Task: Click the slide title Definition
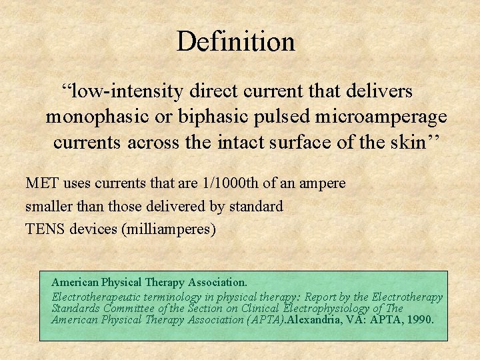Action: click(235, 41)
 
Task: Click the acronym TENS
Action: click(43, 230)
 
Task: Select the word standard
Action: click(256, 207)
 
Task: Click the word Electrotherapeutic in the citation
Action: click(92, 297)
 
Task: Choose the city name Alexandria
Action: click(316, 319)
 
